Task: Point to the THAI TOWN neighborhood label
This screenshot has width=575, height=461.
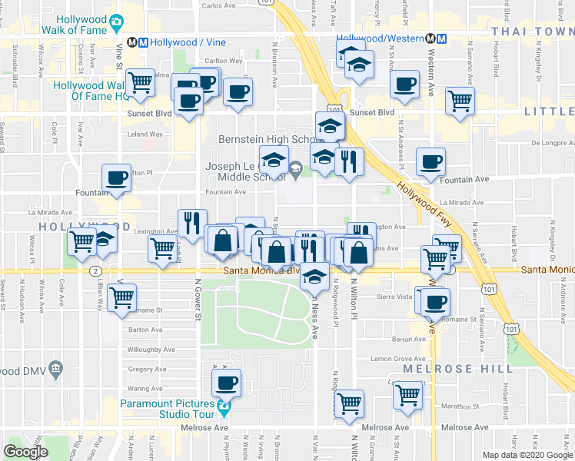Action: click(532, 31)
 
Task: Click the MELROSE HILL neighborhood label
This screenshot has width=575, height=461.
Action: click(458, 369)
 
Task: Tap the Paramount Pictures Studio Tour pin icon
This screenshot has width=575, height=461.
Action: click(224, 405)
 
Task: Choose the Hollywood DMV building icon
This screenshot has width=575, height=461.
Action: click(55, 371)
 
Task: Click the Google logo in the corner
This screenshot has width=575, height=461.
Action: click(25, 451)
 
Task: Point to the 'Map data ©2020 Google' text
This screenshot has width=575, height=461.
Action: click(527, 455)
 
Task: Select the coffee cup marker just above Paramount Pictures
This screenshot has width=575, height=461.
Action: click(226, 381)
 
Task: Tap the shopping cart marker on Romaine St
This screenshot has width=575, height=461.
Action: click(121, 296)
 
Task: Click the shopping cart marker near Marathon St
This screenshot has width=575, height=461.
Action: click(407, 395)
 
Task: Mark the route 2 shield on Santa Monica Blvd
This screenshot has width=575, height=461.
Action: click(95, 270)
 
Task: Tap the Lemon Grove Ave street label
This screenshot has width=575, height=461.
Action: click(398, 359)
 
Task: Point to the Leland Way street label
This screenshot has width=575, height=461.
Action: click(145, 134)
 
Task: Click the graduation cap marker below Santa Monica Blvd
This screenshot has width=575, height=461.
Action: click(314, 275)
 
